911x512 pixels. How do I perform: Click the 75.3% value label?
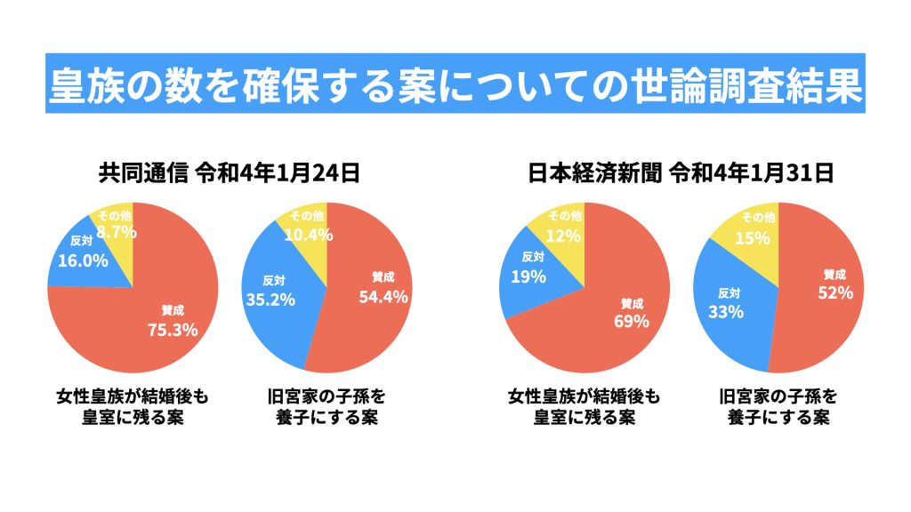click(172, 330)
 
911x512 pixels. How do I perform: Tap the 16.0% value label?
click(83, 260)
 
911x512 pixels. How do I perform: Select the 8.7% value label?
click(117, 231)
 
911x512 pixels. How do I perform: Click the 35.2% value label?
click(270, 299)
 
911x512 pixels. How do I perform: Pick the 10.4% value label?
click(306, 235)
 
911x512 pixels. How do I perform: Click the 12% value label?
click(564, 236)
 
